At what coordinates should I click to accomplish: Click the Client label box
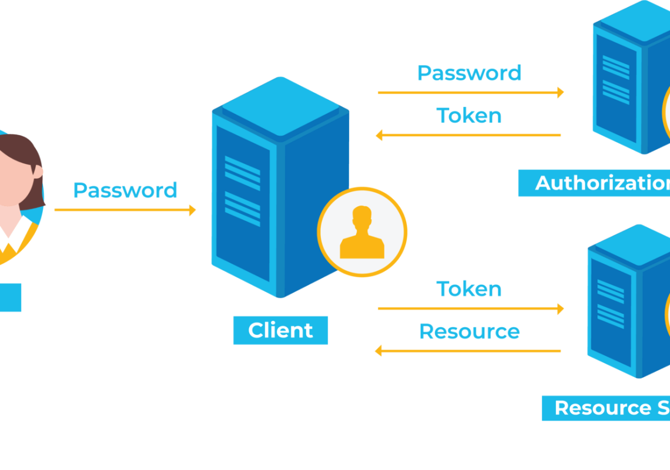280,330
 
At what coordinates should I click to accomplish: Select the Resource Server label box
606,408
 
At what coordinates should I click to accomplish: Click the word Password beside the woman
125,190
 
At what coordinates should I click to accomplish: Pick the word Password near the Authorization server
469,73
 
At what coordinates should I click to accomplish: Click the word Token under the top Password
468,116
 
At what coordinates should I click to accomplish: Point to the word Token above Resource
468,289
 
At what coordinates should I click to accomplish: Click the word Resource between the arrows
469,331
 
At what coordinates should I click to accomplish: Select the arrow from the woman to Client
125,210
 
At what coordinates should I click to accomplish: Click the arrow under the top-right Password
470,92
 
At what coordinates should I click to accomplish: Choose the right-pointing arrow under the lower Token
470,308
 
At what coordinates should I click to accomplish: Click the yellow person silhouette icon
362,233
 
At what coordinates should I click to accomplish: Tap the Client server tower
253,211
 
